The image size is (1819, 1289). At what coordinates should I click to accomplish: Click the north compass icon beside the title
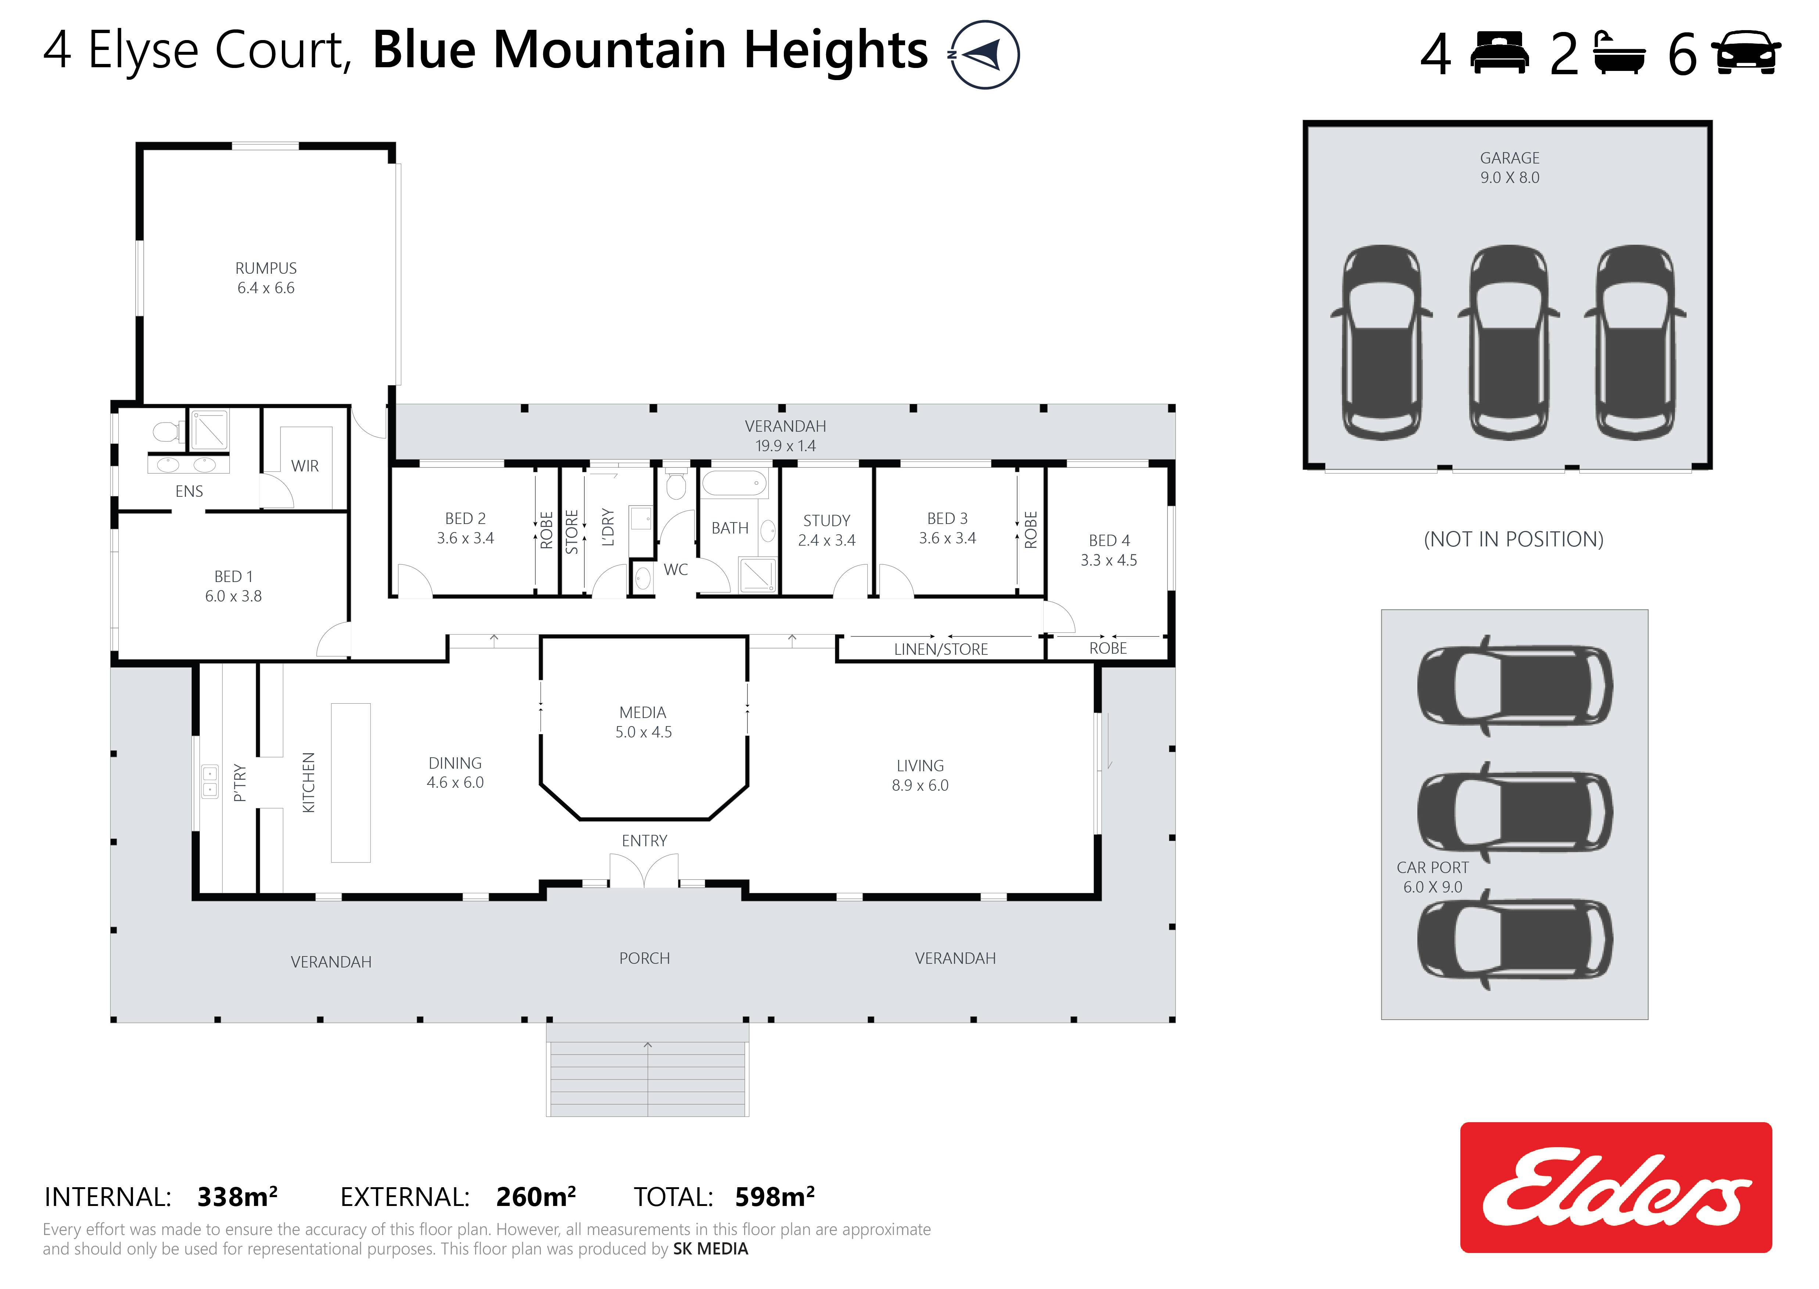pos(985,54)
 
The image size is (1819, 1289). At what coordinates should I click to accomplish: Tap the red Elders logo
pos(1616,1188)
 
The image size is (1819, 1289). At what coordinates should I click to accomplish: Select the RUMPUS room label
pos(266,268)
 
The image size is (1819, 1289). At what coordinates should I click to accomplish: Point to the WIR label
pos(305,466)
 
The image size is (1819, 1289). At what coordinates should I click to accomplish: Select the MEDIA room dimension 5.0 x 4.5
pos(644,732)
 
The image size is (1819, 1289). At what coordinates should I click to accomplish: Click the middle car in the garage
pos(1508,342)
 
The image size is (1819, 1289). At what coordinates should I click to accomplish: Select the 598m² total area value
pos(775,1196)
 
